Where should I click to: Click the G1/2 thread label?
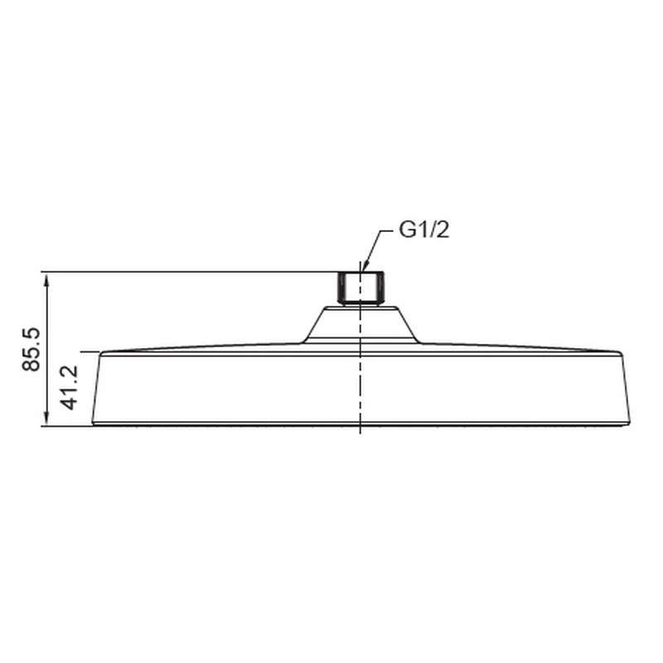click(424, 230)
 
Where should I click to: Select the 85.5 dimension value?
click(31, 349)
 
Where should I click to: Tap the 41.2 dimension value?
click(70, 388)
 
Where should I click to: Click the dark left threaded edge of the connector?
click(340, 287)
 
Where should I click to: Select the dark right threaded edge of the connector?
click(382, 287)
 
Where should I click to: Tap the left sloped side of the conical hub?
click(314, 323)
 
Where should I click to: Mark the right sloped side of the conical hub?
click(407, 323)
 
